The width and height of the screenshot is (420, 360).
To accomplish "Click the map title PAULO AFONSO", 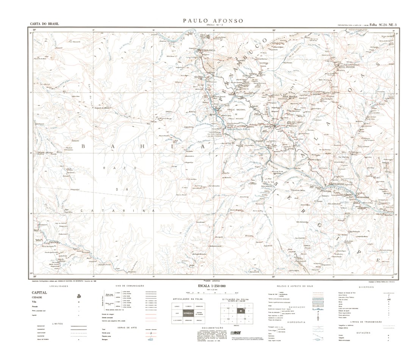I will coord(213,21).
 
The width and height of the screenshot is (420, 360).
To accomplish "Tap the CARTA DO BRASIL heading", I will coord(45,24).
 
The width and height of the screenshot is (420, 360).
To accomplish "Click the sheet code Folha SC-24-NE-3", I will coord(383,25).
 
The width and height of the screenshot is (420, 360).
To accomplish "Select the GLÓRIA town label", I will coord(199,77).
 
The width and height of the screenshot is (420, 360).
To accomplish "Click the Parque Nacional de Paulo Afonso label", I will coord(237,113).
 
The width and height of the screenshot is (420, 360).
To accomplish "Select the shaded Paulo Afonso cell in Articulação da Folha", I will coord(188,313).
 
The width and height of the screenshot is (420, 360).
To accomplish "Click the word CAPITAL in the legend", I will coord(39,293).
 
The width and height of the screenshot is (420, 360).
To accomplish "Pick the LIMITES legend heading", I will coord(55,324).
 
